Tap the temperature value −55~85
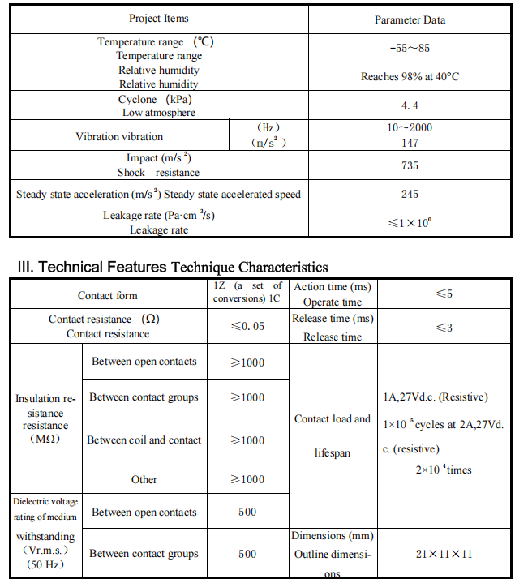tap(410, 48)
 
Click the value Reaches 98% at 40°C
tap(410, 77)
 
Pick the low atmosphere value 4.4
tap(410, 105)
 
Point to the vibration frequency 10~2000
tap(410, 128)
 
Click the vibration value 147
tap(410, 143)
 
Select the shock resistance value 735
tap(410, 165)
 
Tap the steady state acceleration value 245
tap(410, 194)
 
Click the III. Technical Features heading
tap(172, 267)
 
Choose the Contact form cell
tap(108, 296)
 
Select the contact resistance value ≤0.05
tap(247, 326)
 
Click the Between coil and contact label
tap(144, 440)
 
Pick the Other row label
tap(144, 479)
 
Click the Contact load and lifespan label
tap(332, 435)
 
